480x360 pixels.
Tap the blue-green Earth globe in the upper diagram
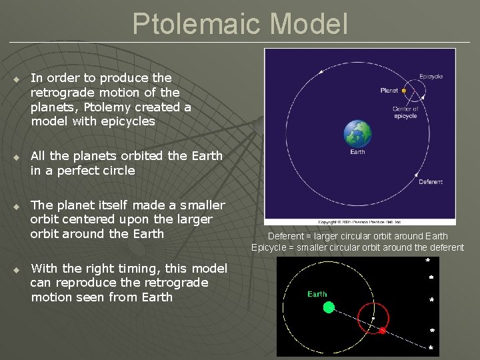(357, 133)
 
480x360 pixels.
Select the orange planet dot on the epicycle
(404, 91)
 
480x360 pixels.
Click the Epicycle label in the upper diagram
(431, 77)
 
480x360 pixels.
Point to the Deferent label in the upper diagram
(430, 182)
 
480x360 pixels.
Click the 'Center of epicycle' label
(405, 113)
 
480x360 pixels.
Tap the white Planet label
(389, 91)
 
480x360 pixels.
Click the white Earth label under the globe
(357, 152)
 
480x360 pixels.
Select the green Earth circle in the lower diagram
(329, 307)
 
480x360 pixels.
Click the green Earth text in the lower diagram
(317, 294)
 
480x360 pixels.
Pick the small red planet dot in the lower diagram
(382, 330)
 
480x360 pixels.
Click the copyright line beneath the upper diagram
(360, 221)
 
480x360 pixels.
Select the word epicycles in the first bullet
(127, 121)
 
